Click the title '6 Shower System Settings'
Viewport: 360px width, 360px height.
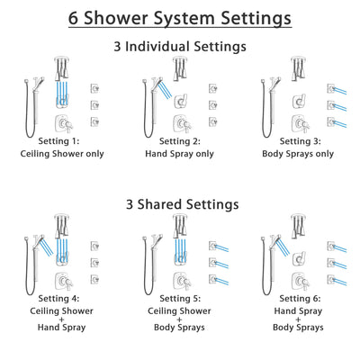point(180,17)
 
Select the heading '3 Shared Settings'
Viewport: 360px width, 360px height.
point(180,204)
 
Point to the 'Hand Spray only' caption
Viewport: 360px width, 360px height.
point(180,154)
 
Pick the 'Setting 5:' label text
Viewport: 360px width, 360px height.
point(180,301)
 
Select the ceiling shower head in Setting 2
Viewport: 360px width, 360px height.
point(180,66)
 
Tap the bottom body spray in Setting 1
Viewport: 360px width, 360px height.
point(95,121)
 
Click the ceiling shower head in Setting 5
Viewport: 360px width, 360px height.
point(180,224)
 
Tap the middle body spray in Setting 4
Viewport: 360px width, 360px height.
point(95,263)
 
